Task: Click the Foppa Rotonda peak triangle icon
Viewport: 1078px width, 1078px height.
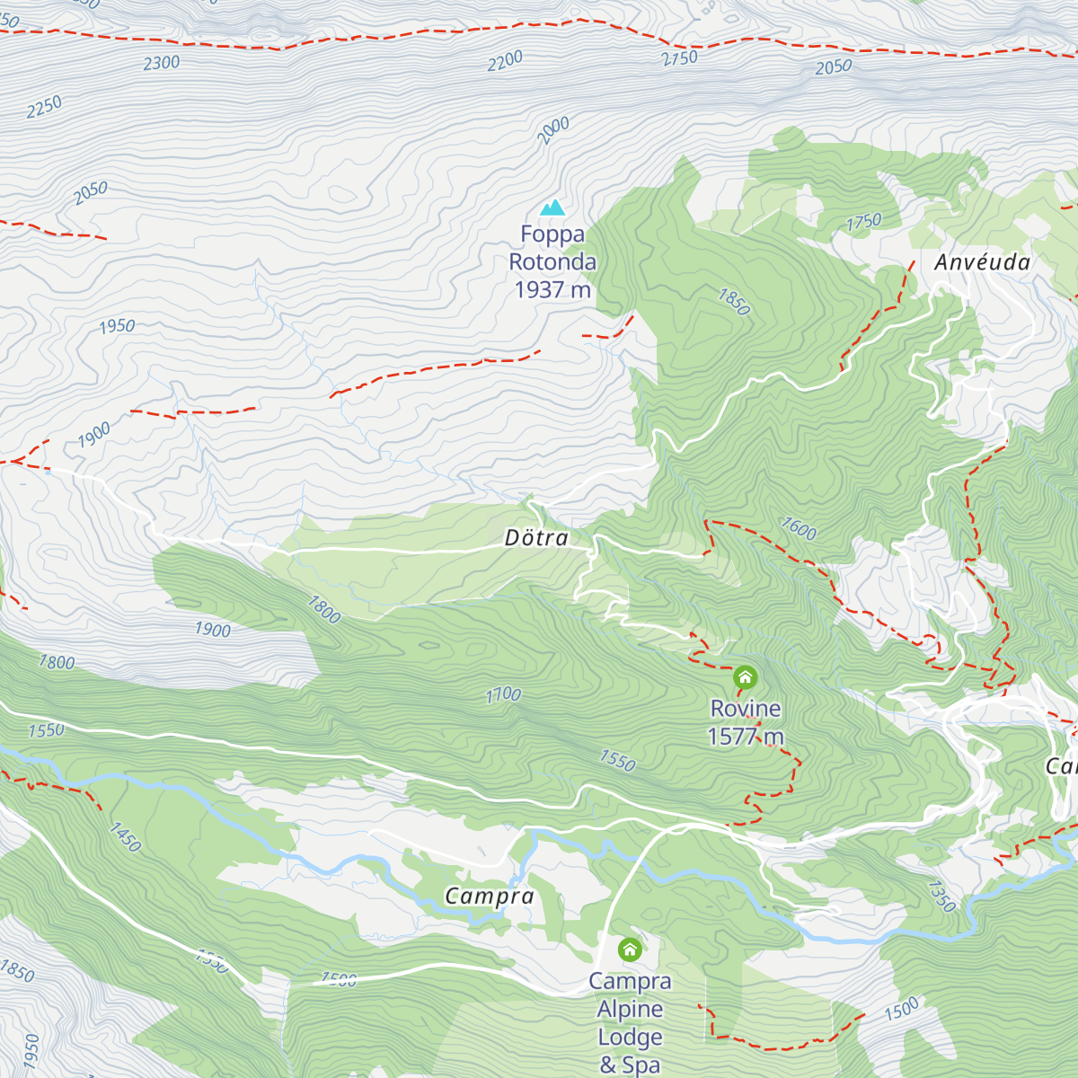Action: [553, 208]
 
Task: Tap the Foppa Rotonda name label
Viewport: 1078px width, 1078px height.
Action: [552, 248]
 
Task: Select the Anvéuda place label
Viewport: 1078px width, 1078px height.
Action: [982, 262]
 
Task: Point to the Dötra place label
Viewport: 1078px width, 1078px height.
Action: [536, 538]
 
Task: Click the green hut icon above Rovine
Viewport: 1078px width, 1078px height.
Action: [745, 677]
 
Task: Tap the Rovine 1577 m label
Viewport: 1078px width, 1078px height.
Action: [746, 722]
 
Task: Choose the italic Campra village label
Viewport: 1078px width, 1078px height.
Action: [490, 896]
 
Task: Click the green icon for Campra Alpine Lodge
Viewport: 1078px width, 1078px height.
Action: [630, 950]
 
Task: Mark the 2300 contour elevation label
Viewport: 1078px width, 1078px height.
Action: [162, 63]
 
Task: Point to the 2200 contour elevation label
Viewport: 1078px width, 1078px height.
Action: [505, 61]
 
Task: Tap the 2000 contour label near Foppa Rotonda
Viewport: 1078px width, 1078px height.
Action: [553, 131]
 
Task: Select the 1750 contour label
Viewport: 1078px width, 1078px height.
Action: [863, 222]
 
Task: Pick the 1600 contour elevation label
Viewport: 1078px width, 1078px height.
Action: [798, 528]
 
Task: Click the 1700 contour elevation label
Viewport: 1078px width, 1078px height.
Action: [503, 694]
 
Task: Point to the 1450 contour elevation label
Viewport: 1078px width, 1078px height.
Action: [125, 836]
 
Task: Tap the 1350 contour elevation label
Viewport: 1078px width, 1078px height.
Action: [941, 896]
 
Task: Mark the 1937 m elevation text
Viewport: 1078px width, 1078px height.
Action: [552, 290]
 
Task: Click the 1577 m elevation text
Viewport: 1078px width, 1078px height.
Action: [746, 738]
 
